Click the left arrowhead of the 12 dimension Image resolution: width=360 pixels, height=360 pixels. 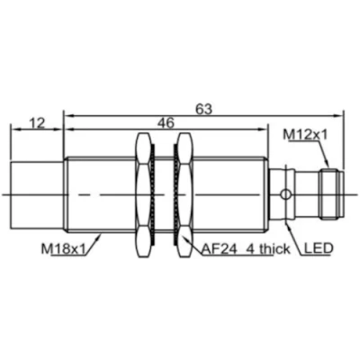point(13,130)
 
